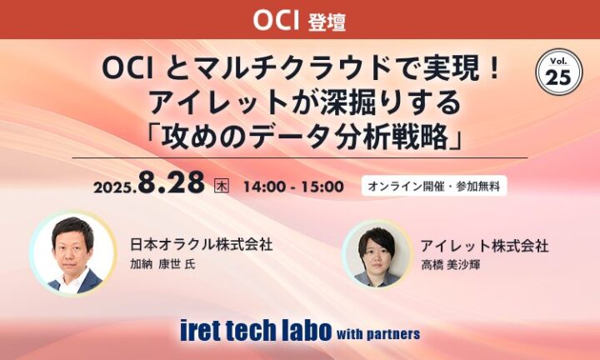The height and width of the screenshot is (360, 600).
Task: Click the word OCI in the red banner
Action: pos(276,20)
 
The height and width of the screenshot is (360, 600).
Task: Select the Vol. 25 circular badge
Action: pos(559,72)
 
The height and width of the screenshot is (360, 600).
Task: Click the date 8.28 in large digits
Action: pos(172,182)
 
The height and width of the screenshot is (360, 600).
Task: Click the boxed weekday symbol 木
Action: pos(222,186)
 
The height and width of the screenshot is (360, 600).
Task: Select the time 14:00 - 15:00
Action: pos(293,187)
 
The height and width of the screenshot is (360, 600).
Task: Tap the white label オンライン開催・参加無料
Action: pos(434,186)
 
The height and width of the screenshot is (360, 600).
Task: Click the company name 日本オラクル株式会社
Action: pos(202,245)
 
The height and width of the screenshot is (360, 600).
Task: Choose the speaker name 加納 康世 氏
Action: pos(162,264)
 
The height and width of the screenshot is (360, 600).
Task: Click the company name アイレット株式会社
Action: pos(484,246)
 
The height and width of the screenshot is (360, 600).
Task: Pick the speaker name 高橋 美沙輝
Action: pos(450,265)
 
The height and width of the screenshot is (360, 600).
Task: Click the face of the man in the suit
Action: pos(72,248)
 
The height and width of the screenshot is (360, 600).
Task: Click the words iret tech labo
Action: pos(256,330)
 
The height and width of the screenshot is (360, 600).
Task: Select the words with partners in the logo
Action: pos(378,334)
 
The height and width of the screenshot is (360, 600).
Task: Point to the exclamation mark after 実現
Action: pos(494,70)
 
